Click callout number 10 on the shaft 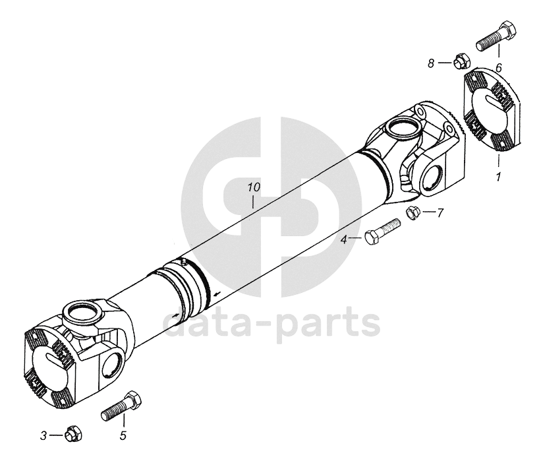click(254, 188)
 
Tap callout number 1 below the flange click(499, 177)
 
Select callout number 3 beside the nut click(44, 435)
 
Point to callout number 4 click(344, 239)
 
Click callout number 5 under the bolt click(123, 435)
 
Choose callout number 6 click(499, 68)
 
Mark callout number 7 click(441, 212)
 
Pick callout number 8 click(431, 63)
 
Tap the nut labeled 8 click(459, 62)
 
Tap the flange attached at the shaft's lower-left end click(49, 366)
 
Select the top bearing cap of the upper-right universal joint click(401, 125)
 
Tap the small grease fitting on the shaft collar click(184, 263)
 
